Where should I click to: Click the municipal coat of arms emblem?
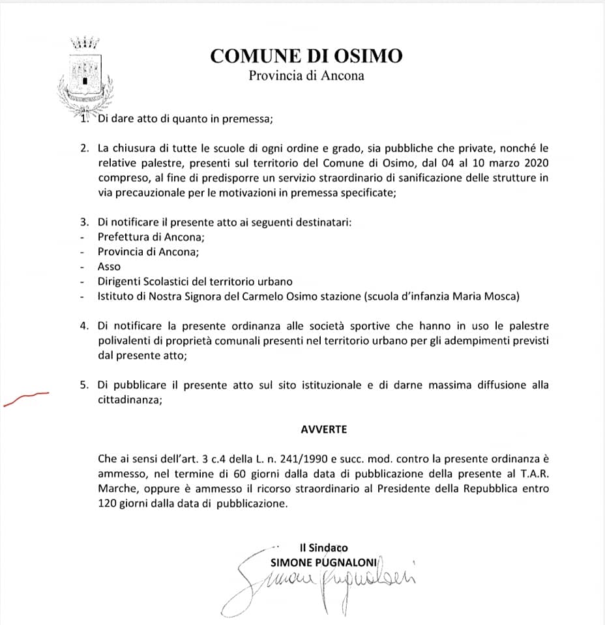pyautogui.click(x=84, y=75)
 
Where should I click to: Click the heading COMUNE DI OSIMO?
pyautogui.click(x=306, y=56)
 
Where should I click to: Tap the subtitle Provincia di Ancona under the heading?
pyautogui.click(x=306, y=76)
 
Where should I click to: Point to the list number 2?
pyautogui.click(x=84, y=148)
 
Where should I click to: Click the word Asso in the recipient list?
pyautogui.click(x=109, y=266)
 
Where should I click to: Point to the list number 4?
pyautogui.click(x=84, y=326)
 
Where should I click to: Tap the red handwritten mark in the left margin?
pyautogui.click(x=26, y=398)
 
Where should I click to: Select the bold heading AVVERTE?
pyautogui.click(x=323, y=430)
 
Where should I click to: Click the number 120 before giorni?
pyautogui.click(x=108, y=503)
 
